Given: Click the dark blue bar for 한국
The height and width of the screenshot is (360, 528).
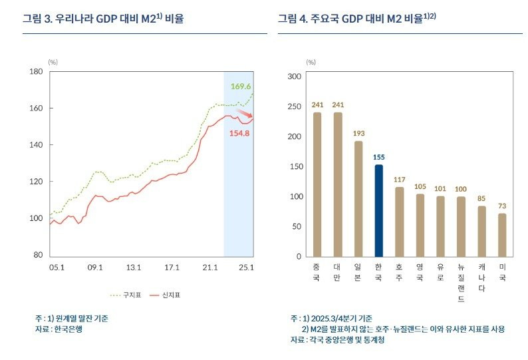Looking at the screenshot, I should point(378,210).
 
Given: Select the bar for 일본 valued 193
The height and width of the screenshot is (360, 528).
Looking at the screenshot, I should point(358,198).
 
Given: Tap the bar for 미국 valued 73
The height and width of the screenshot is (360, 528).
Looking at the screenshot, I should point(502,234).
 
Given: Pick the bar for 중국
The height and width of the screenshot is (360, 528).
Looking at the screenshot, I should point(317,184).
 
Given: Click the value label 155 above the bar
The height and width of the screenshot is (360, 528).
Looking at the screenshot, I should point(378,157).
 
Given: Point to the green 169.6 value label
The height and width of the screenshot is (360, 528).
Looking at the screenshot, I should point(241,87).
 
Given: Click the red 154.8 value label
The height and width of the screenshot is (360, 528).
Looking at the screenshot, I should point(239,133).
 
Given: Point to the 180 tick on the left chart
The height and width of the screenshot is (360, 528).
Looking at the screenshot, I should point(37,71).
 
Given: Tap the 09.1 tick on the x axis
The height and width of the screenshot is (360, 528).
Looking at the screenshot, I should point(94,268).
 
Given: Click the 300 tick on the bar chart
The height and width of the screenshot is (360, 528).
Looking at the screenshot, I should point(293,77).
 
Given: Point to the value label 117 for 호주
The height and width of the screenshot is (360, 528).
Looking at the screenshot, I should point(399,180).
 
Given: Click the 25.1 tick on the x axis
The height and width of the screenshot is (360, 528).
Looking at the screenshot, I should point(247,268).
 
